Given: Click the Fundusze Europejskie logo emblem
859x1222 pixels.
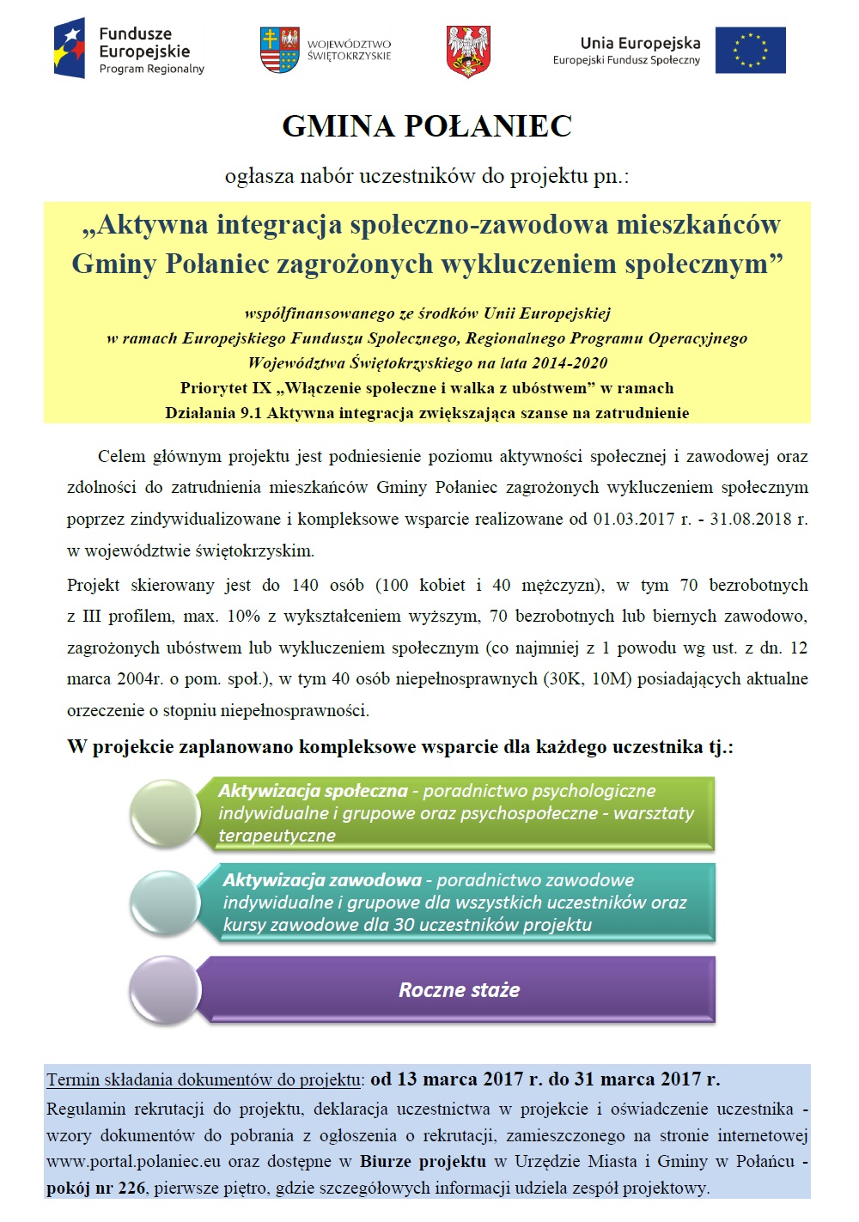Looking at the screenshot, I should [x=70, y=49].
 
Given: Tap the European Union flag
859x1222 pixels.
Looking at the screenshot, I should [x=750, y=50].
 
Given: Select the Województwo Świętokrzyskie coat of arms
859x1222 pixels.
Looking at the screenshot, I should [x=279, y=50].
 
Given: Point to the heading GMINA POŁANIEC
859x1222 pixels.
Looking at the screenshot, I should [x=427, y=126].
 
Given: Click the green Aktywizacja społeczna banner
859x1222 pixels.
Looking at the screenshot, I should [x=455, y=812].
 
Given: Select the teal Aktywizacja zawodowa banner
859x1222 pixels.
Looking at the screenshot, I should [x=455, y=902].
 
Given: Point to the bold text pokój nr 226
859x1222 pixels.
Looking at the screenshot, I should [x=95, y=1189].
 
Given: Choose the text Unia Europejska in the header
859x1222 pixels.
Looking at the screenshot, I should [x=640, y=43].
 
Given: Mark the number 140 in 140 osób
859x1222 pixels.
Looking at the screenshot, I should [x=305, y=585].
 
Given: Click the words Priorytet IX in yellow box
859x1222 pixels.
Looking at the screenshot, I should [x=226, y=388].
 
